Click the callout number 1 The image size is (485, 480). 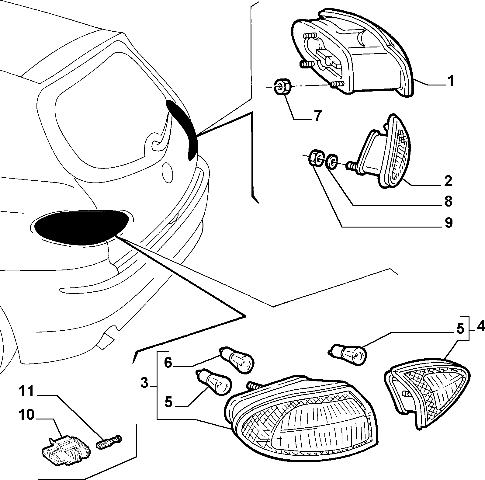click(450, 81)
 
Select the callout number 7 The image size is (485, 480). click(317, 116)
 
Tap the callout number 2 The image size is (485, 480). click(448, 181)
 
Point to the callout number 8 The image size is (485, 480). click(448, 202)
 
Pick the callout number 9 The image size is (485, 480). click(448, 223)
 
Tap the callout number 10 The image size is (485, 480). click(26, 415)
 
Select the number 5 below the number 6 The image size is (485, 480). click(168, 402)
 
